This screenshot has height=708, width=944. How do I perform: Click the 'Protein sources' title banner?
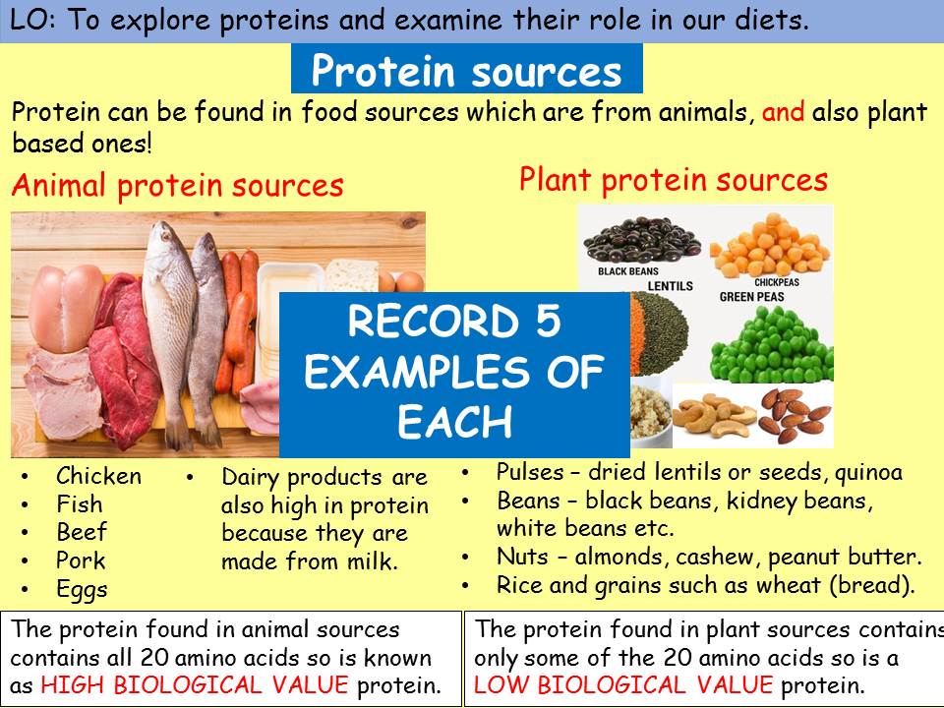466,71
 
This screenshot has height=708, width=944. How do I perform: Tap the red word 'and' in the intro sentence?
783,112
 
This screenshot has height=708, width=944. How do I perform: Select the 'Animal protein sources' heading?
177,185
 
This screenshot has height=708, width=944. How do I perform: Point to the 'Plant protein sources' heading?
673,180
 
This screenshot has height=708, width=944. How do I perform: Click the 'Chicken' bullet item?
98,476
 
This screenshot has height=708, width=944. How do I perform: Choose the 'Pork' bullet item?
81,561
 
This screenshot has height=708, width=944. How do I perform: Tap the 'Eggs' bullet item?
82,590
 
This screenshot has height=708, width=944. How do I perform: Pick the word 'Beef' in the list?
82,533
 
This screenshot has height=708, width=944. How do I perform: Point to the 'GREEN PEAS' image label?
757,296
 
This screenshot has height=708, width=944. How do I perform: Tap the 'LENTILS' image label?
670,286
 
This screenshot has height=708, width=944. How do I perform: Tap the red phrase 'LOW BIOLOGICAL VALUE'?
623,684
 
